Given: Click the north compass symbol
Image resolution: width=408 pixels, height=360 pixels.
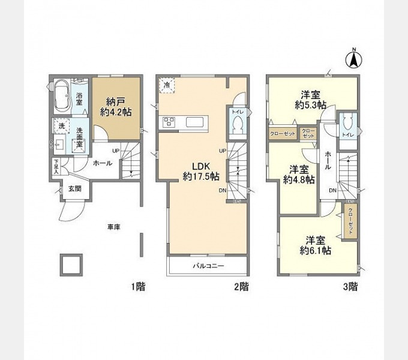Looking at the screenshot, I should click(x=354, y=58).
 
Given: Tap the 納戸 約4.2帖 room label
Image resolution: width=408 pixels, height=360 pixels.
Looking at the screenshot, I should click(x=116, y=106).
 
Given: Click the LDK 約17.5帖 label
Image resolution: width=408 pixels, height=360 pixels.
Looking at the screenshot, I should click(x=200, y=170).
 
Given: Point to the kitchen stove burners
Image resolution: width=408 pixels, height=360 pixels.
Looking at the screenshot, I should click(x=167, y=122).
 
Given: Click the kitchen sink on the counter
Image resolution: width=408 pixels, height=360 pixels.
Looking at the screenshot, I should click(x=196, y=122).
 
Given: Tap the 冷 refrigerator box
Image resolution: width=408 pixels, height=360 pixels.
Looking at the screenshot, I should click(x=166, y=85).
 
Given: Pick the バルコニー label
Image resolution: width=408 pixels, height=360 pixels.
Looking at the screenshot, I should click(x=208, y=265).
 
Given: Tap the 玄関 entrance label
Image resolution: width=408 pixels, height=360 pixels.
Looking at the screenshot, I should click(x=75, y=188).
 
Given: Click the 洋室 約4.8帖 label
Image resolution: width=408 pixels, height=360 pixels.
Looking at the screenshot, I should click(x=299, y=173).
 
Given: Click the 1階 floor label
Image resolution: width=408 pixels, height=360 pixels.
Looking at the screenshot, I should click(x=138, y=287).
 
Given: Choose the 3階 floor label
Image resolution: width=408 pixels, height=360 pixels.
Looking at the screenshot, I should click(x=350, y=287).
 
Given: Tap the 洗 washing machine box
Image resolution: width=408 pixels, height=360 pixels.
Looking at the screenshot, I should click(x=61, y=125).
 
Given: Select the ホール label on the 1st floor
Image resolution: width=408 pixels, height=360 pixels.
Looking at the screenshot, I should click(x=102, y=162).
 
